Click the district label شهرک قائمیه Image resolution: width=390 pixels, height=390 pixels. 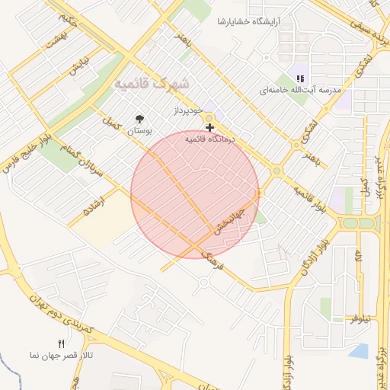click(x=153, y=83)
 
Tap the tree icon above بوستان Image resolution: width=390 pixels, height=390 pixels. click(x=139, y=119)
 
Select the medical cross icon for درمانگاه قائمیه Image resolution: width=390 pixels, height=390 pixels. click(x=209, y=127)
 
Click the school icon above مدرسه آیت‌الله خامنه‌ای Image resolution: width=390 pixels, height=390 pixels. click(x=300, y=78)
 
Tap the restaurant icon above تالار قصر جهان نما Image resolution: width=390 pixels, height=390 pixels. click(x=62, y=344)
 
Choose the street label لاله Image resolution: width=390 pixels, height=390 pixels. click(x=359, y=259)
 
